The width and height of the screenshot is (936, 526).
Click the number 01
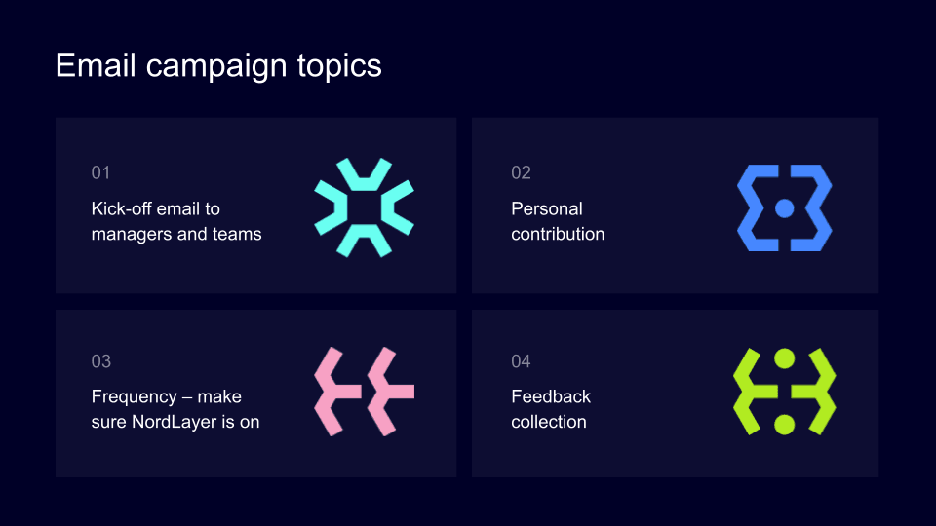coord(101,172)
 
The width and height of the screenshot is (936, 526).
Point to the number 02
coord(522,172)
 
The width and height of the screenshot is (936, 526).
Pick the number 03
coord(101,361)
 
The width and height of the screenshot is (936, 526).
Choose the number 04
coord(522,361)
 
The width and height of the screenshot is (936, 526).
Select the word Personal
coord(547,208)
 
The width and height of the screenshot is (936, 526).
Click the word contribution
coord(558,234)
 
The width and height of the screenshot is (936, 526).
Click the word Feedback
coord(551,396)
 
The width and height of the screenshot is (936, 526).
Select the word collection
coord(549,422)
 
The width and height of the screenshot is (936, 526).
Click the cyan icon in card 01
coord(365,207)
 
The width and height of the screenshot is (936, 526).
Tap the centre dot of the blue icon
coord(784,207)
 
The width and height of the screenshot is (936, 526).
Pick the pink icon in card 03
coord(365,391)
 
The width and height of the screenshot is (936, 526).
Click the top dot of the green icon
coord(784,358)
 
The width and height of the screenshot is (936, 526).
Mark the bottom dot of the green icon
coord(784,424)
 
